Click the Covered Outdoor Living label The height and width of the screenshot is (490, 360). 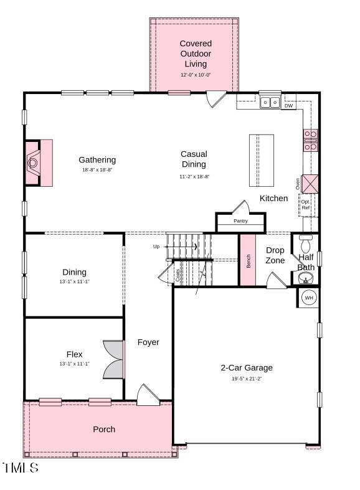[x=196, y=54]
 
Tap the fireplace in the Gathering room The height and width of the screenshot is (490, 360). [x=34, y=163]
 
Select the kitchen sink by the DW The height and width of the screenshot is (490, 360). [x=270, y=103]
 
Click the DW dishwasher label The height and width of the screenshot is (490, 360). [x=288, y=106]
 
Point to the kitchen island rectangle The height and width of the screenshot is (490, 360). [x=262, y=160]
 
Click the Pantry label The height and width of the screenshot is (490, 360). [x=240, y=221]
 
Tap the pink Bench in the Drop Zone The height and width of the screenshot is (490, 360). [x=248, y=259]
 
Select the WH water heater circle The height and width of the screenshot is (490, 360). [x=309, y=298]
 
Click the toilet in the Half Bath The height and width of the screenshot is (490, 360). [x=306, y=242]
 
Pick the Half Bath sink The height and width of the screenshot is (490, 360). [x=306, y=277]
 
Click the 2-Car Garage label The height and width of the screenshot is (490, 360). [x=247, y=367]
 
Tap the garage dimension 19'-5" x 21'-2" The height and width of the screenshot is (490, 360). [x=247, y=379]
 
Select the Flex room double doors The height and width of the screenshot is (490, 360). [x=114, y=359]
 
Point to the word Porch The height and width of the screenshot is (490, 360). [x=104, y=429]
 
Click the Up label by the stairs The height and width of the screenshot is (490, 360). [x=156, y=247]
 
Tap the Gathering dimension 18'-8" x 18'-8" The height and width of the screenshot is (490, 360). [x=97, y=170]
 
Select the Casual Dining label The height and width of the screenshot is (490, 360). [x=194, y=159]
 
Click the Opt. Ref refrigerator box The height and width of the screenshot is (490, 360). [x=306, y=204]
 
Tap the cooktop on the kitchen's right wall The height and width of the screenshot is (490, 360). [x=310, y=140]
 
